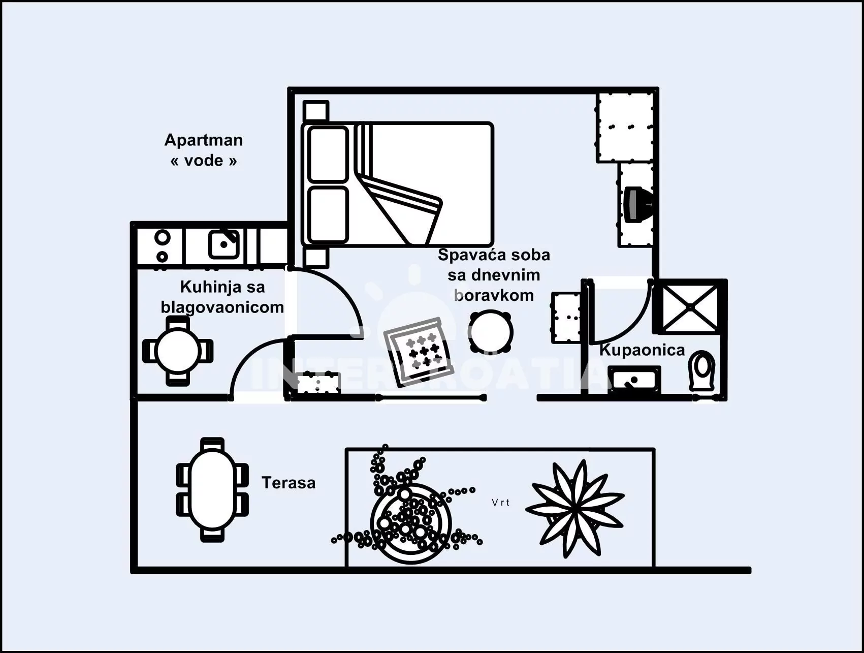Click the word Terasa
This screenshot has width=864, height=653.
288,482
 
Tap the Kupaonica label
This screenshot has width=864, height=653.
642,350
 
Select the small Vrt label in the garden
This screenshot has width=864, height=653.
500,503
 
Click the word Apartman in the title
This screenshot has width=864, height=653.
203,140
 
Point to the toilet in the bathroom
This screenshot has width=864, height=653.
702,371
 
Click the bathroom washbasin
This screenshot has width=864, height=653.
635,380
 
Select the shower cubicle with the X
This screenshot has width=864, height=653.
690,307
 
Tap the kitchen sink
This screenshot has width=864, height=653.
223,244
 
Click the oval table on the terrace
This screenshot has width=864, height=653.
212,489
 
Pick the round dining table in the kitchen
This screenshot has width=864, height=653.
178,351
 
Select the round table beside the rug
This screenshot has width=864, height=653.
490,331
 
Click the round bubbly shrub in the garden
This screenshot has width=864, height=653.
410,523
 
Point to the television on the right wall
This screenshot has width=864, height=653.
636,204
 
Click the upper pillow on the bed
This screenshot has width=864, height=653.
328,154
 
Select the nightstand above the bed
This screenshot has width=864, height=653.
315,111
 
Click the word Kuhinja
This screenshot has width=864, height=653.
202,287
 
